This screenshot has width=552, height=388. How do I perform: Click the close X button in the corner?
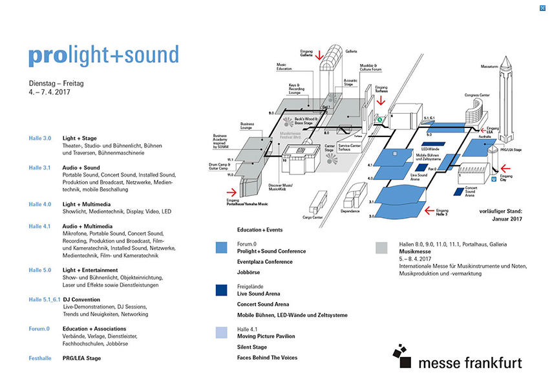(x=542, y=8)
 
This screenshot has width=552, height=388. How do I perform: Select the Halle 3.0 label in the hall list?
(x=39, y=138)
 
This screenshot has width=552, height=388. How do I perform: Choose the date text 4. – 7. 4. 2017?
(x=50, y=92)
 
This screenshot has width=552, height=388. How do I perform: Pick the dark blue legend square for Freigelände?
(x=222, y=290)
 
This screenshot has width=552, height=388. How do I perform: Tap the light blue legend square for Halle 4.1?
(x=222, y=332)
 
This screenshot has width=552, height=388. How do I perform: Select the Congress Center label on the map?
(x=476, y=95)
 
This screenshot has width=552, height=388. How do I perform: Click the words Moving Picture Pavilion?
(x=266, y=336)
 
